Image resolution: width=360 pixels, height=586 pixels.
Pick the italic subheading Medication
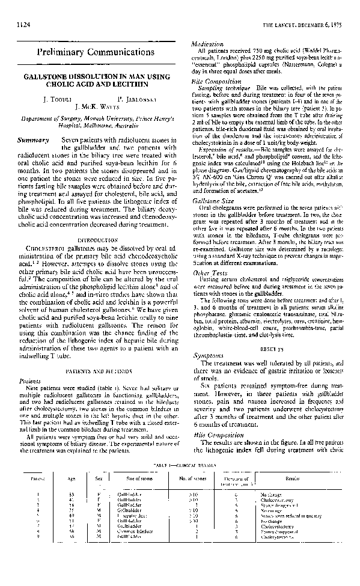[x=207, y=44]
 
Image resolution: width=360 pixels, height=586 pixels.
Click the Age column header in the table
[x=72, y=478]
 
